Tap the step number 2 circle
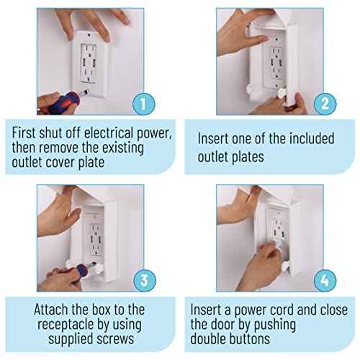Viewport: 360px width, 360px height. click(325, 104)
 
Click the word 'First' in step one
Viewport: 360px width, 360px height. click(26, 134)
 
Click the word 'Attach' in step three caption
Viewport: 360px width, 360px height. click(54, 310)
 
